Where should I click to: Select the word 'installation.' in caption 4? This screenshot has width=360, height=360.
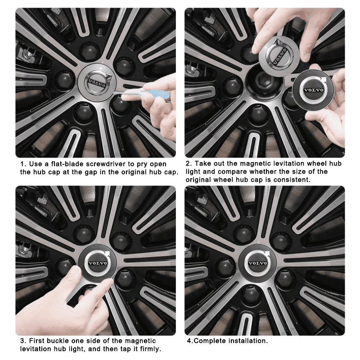point(246,341)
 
